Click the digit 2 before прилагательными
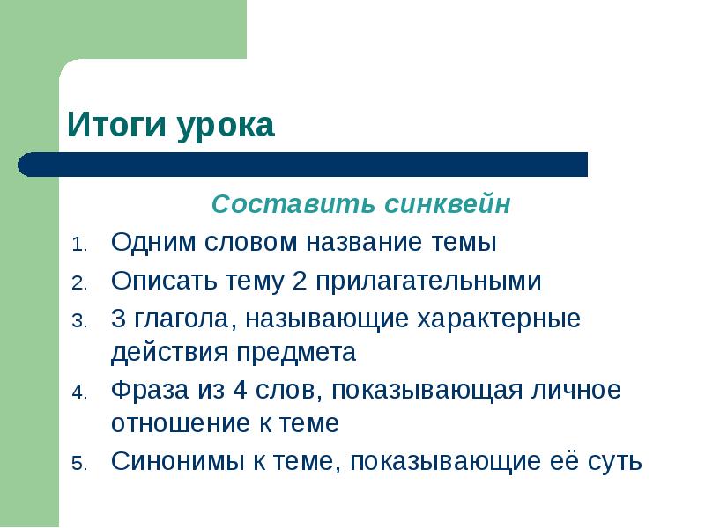pyautogui.click(x=299, y=281)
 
